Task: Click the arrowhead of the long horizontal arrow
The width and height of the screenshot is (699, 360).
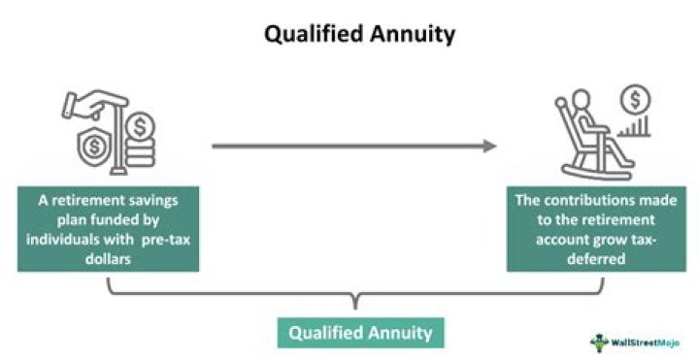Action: coord(490,147)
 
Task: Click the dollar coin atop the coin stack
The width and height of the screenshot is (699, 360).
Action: coord(142,126)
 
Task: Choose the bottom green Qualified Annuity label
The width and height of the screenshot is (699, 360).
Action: coord(361,332)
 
